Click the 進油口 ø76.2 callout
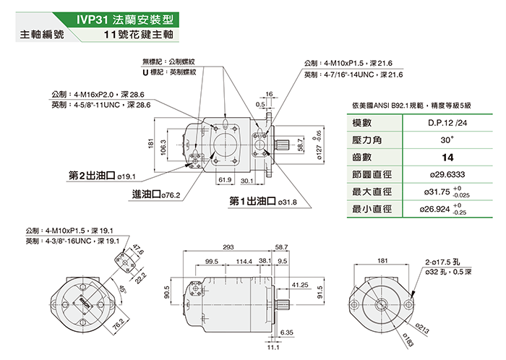coord(155,194)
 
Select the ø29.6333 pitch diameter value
coord(441,174)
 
